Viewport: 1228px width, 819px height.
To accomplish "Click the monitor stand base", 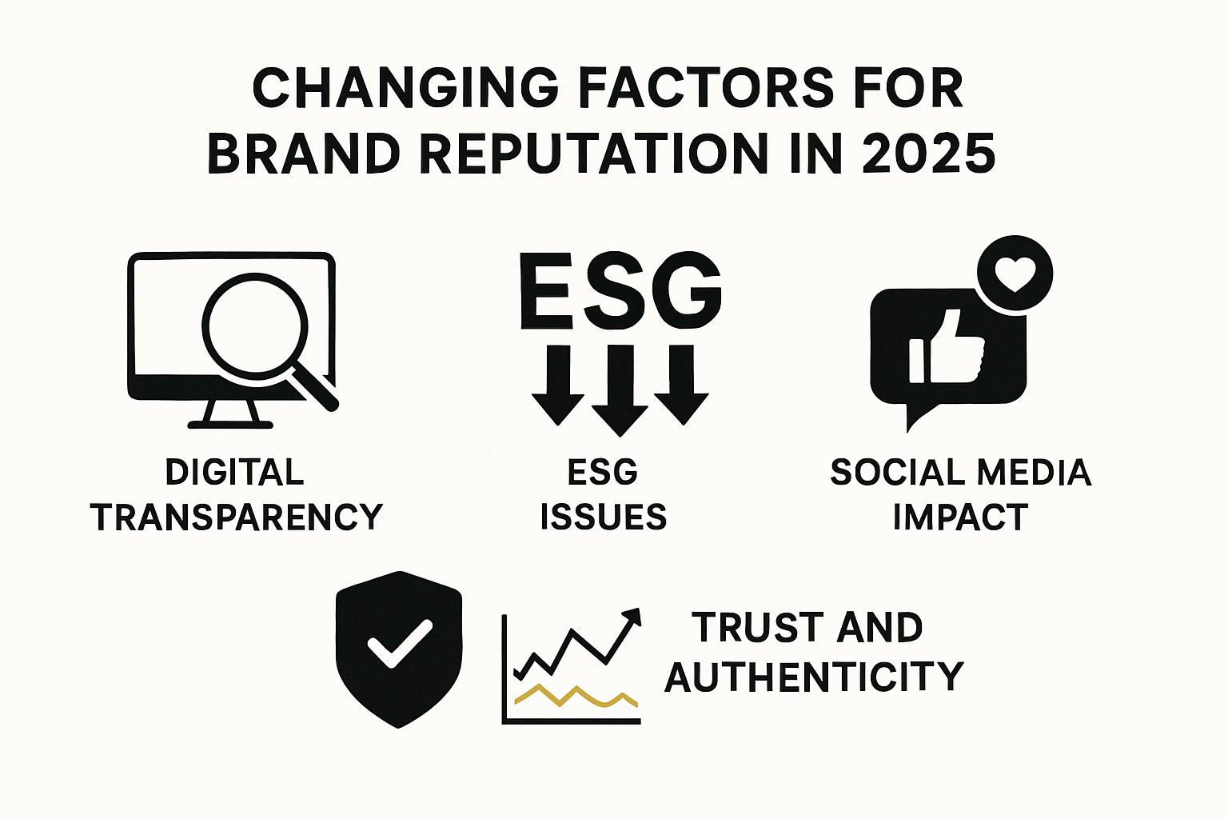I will point(230,423).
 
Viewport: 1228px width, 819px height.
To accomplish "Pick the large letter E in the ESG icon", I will point(546,291).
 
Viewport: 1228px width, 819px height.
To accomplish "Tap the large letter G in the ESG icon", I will point(686,291).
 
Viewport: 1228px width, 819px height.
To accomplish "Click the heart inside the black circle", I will point(1015,274).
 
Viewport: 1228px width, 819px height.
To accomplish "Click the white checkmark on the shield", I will point(399,642).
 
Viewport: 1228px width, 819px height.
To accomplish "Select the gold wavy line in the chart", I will point(576,697).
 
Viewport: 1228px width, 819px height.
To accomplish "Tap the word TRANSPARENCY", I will point(237,517).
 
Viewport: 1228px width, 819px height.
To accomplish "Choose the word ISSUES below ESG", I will point(604,517).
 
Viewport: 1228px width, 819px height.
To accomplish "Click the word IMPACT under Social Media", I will point(960,517).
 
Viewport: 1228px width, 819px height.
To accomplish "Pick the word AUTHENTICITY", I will point(814,677).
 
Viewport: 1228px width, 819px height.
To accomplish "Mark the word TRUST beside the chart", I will point(746,628).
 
